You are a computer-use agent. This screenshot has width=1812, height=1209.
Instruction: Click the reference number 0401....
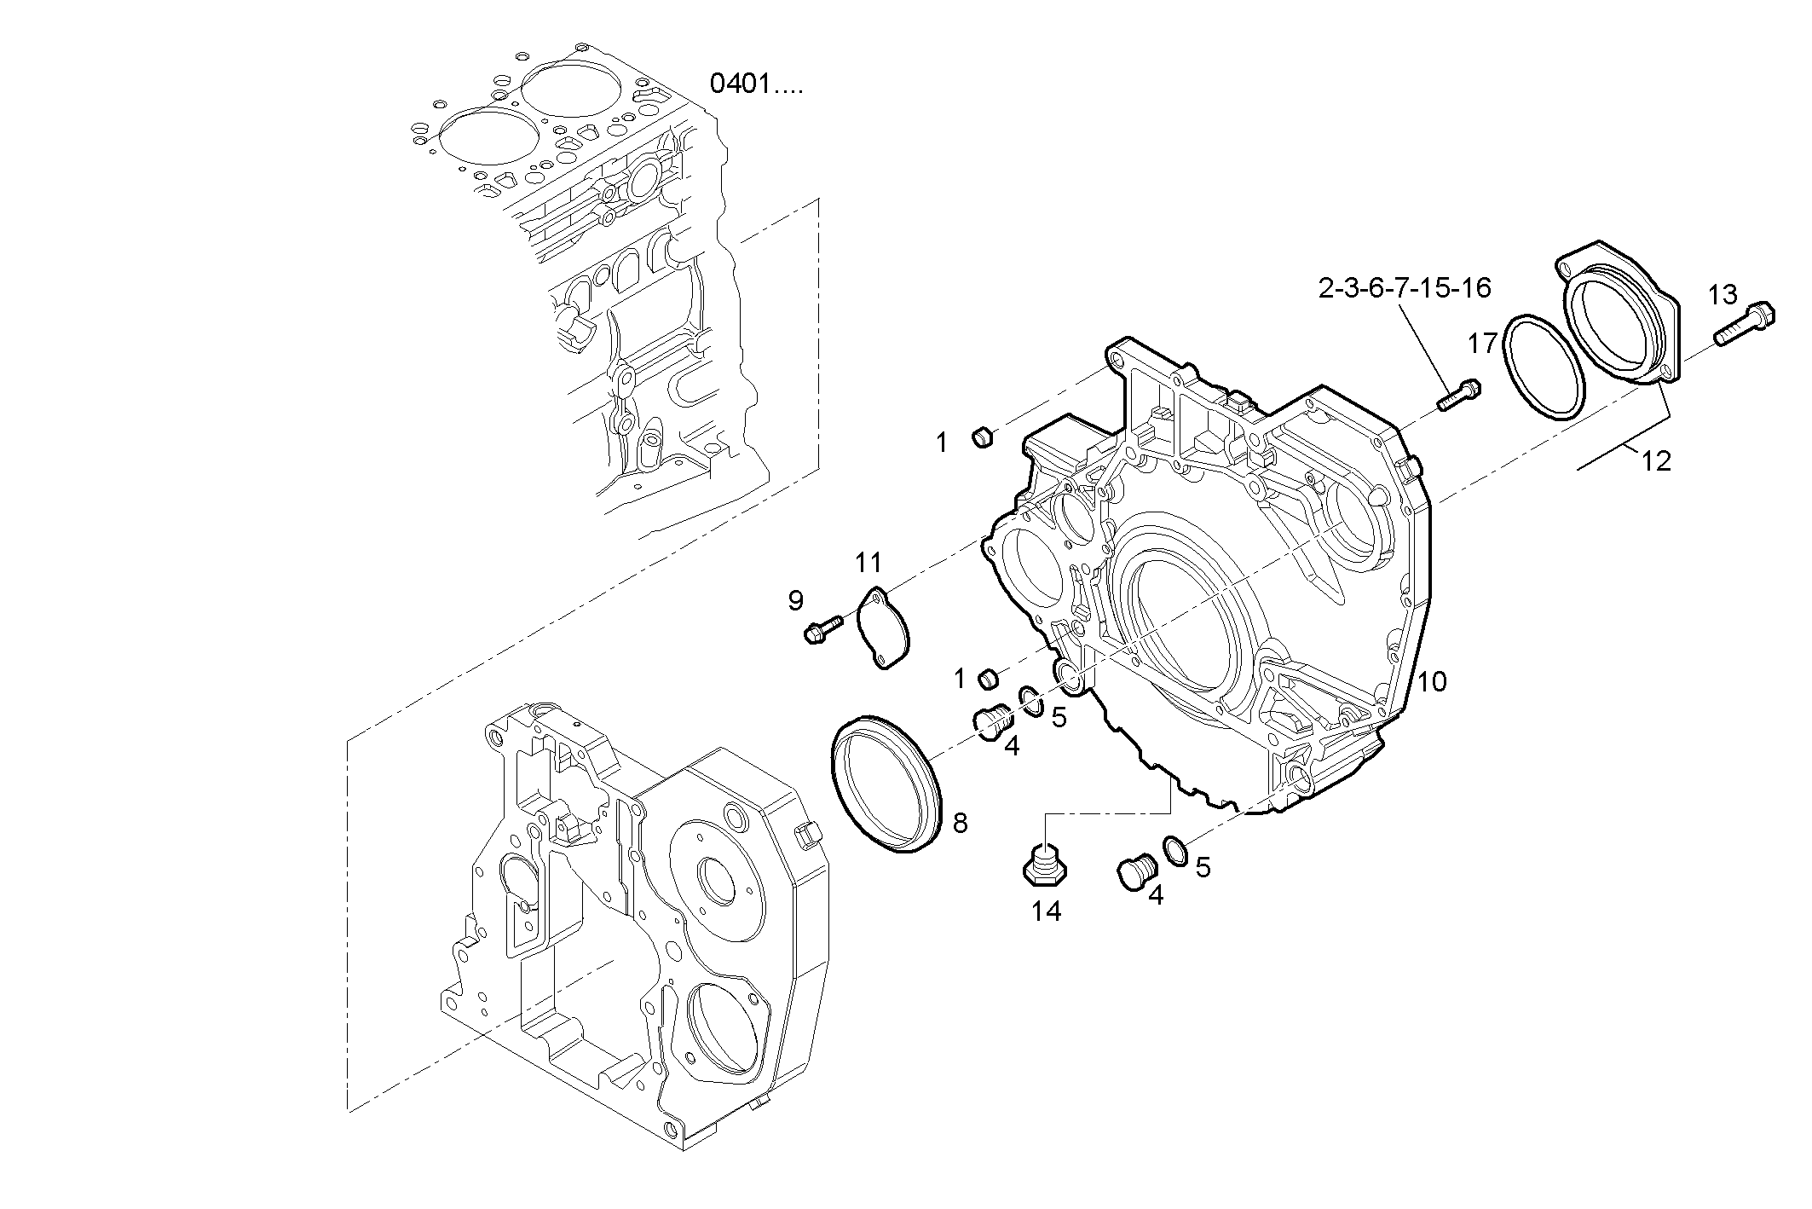pos(755,84)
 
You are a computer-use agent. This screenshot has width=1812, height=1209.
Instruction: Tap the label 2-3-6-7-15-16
pos(1405,288)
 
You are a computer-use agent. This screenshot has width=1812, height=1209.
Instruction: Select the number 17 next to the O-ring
pos(1483,344)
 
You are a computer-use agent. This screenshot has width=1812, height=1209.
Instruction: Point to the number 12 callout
pos(1656,461)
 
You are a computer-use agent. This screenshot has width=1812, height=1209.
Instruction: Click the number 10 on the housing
pos(1433,681)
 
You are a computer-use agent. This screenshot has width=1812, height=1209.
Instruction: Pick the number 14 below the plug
pos(1046,911)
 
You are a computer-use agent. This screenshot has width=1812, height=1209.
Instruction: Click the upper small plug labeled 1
pos(983,438)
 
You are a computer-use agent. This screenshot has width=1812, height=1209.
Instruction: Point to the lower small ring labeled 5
pos(1174,849)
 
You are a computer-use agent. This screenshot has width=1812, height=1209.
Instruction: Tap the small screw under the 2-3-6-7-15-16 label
pos(1459,395)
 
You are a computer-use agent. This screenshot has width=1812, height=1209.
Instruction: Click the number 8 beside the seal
pos(960,823)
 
